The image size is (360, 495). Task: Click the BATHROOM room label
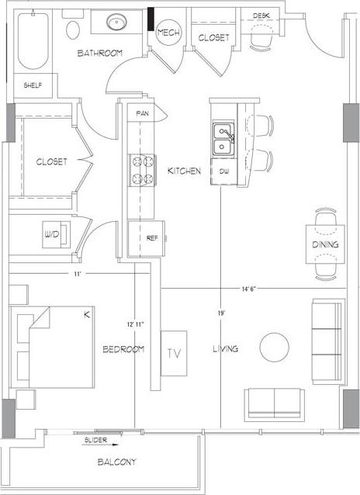(100, 53)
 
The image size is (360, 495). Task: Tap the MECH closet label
(168, 32)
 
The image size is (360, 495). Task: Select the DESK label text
(261, 15)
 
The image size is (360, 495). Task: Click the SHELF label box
(32, 85)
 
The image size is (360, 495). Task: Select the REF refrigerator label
(142, 237)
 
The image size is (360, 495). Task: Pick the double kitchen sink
(223, 139)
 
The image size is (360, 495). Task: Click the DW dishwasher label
(223, 171)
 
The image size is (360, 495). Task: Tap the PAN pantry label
(142, 113)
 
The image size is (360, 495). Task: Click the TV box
(175, 352)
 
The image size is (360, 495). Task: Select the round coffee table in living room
(275, 347)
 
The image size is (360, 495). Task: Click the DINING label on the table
(325, 246)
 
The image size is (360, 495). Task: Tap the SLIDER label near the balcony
(97, 440)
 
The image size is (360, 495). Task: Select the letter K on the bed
(87, 314)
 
